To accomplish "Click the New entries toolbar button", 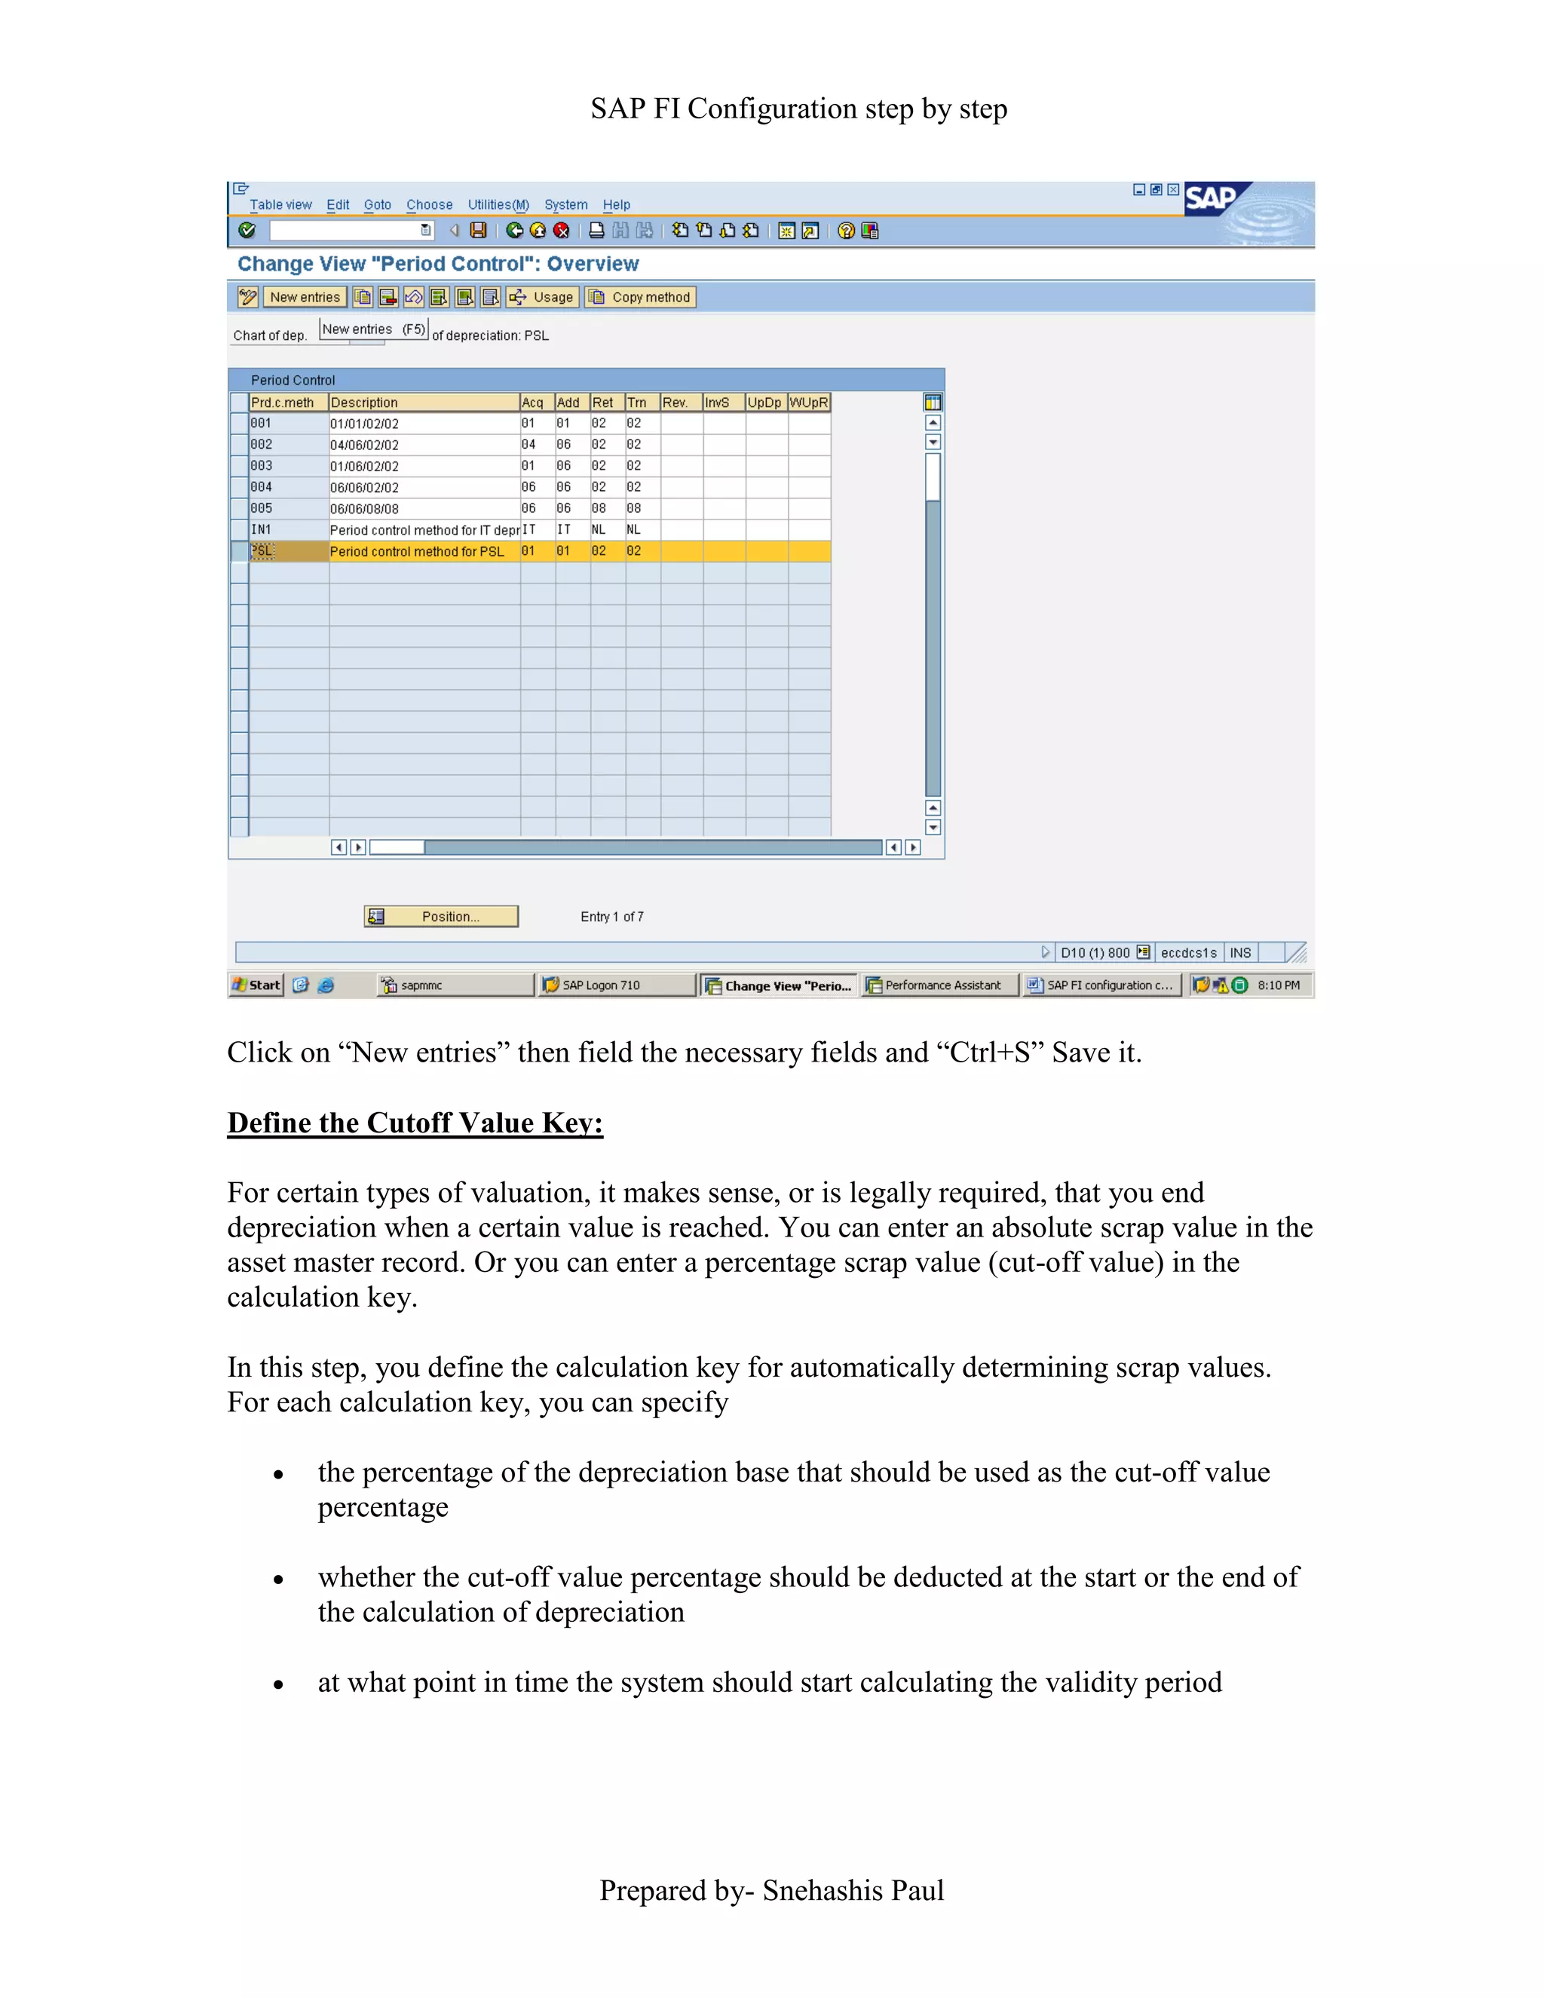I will pos(304,297).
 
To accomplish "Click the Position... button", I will pos(441,917).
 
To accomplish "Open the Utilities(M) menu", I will pos(498,205).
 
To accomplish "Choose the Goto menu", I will pos(377,205).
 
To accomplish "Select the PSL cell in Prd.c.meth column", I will pos(262,550).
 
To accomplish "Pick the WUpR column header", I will pos(809,403).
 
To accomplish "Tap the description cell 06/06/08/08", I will pos(364,509).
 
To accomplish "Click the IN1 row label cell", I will pos(262,530).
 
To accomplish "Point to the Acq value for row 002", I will pos(528,445).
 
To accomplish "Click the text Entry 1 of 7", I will pos(612,917).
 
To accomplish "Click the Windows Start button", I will pos(256,985).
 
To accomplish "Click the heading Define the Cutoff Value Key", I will pos(415,1123).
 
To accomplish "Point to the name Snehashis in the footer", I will pos(820,1890).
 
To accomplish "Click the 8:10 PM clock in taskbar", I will pos(1278,985).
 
